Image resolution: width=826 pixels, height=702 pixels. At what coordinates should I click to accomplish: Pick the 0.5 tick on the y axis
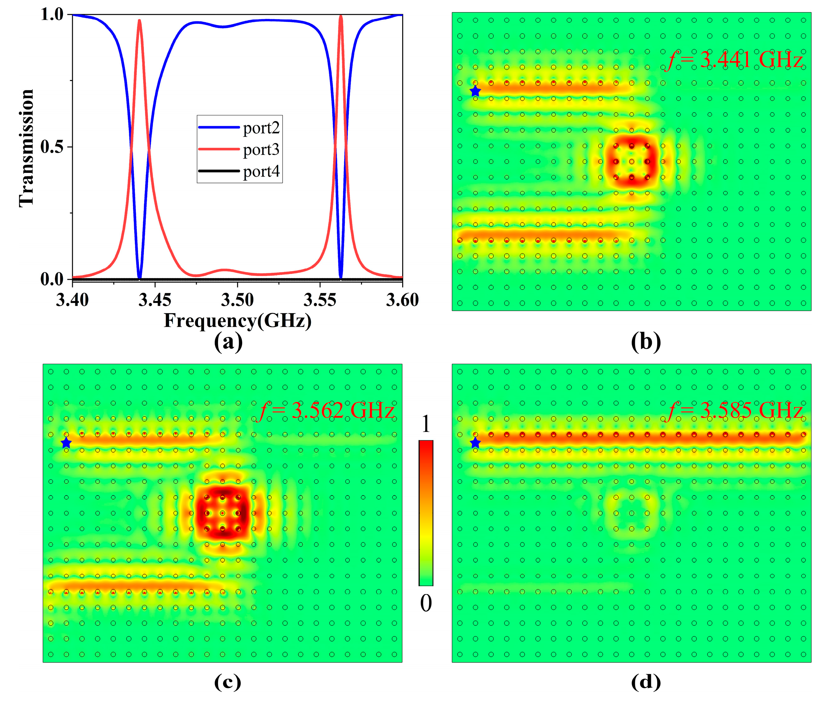(x=52, y=147)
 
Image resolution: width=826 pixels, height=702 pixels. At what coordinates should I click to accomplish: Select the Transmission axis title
(x=27, y=148)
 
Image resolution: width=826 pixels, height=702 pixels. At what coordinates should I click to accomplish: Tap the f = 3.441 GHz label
(x=733, y=60)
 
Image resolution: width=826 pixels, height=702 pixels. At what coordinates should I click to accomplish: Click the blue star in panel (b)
(x=475, y=92)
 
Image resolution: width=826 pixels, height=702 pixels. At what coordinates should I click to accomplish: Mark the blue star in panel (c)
(x=66, y=443)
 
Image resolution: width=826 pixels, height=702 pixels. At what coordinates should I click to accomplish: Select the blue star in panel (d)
(x=475, y=443)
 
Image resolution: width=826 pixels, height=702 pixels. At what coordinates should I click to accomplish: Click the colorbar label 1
(x=425, y=424)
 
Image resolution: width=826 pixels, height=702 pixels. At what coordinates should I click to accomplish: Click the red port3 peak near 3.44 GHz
(x=139, y=21)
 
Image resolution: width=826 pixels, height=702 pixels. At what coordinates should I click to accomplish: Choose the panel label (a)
(x=228, y=342)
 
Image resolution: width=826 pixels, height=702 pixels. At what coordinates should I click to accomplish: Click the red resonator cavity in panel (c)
(x=222, y=513)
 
